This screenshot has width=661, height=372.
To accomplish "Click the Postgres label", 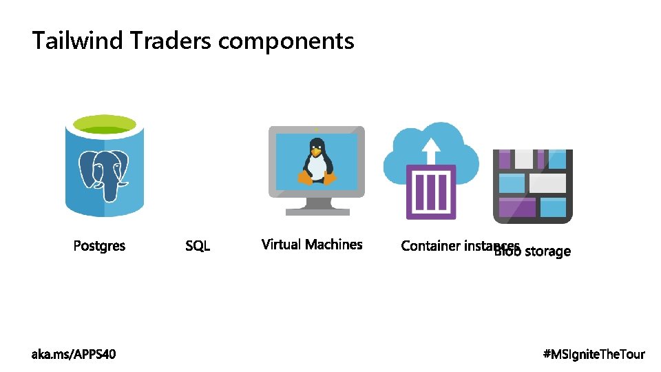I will click(99, 246).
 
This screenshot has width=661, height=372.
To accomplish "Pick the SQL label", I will click(198, 246).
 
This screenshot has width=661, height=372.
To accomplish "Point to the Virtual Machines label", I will click(312, 245).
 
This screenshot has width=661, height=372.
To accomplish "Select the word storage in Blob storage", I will click(548, 251).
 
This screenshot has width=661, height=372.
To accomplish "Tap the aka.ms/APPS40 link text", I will click(74, 354).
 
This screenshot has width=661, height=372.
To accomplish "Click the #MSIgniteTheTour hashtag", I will click(594, 354).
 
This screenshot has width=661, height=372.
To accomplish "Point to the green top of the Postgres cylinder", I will click(105, 125).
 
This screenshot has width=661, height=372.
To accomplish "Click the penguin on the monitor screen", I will click(317, 163).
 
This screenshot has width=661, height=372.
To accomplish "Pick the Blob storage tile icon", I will click(533, 186).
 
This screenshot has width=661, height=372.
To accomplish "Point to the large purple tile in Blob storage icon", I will click(516, 207).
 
